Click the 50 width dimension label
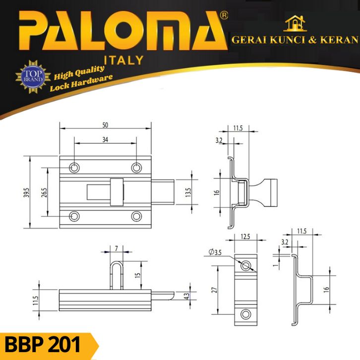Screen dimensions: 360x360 (x=105, y=125)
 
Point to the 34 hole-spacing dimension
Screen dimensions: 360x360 (x=105, y=140)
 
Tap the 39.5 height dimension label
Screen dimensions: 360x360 (x=27, y=192)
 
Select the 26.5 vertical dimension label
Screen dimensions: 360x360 (x=44, y=192)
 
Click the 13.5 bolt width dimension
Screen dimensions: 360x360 (x=188, y=192)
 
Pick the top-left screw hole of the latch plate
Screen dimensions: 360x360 (x=74, y=168)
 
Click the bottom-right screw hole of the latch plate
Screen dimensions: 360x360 (x=136, y=216)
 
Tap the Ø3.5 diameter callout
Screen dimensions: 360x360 (x=215, y=252)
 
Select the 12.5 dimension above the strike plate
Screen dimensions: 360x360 (x=245, y=237)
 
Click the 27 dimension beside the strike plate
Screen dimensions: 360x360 (x=214, y=290)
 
